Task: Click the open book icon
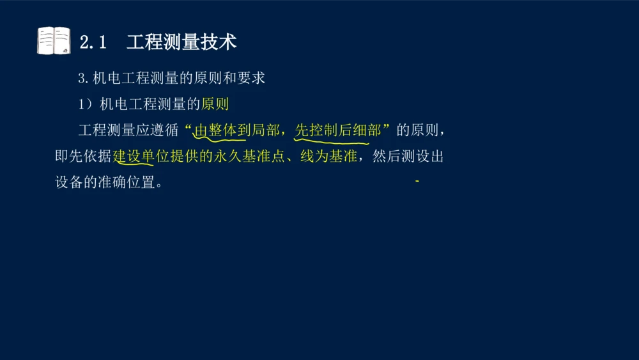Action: click(54, 41)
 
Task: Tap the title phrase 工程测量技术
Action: click(181, 42)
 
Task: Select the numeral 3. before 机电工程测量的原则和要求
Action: click(83, 79)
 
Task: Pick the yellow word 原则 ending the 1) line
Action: click(215, 104)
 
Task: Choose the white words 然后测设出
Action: click(407, 157)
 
